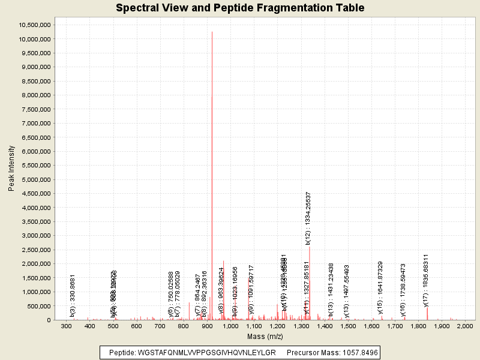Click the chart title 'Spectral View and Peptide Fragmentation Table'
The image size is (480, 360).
pos(240,8)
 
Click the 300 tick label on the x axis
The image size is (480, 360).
pos(67,326)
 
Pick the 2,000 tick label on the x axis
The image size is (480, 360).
pos(465,326)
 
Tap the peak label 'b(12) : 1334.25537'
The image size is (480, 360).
pos(308,217)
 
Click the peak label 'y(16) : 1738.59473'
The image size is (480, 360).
pos(403,290)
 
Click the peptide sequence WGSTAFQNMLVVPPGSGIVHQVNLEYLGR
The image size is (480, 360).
pos(206,352)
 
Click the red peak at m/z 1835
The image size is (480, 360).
pos(427,313)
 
